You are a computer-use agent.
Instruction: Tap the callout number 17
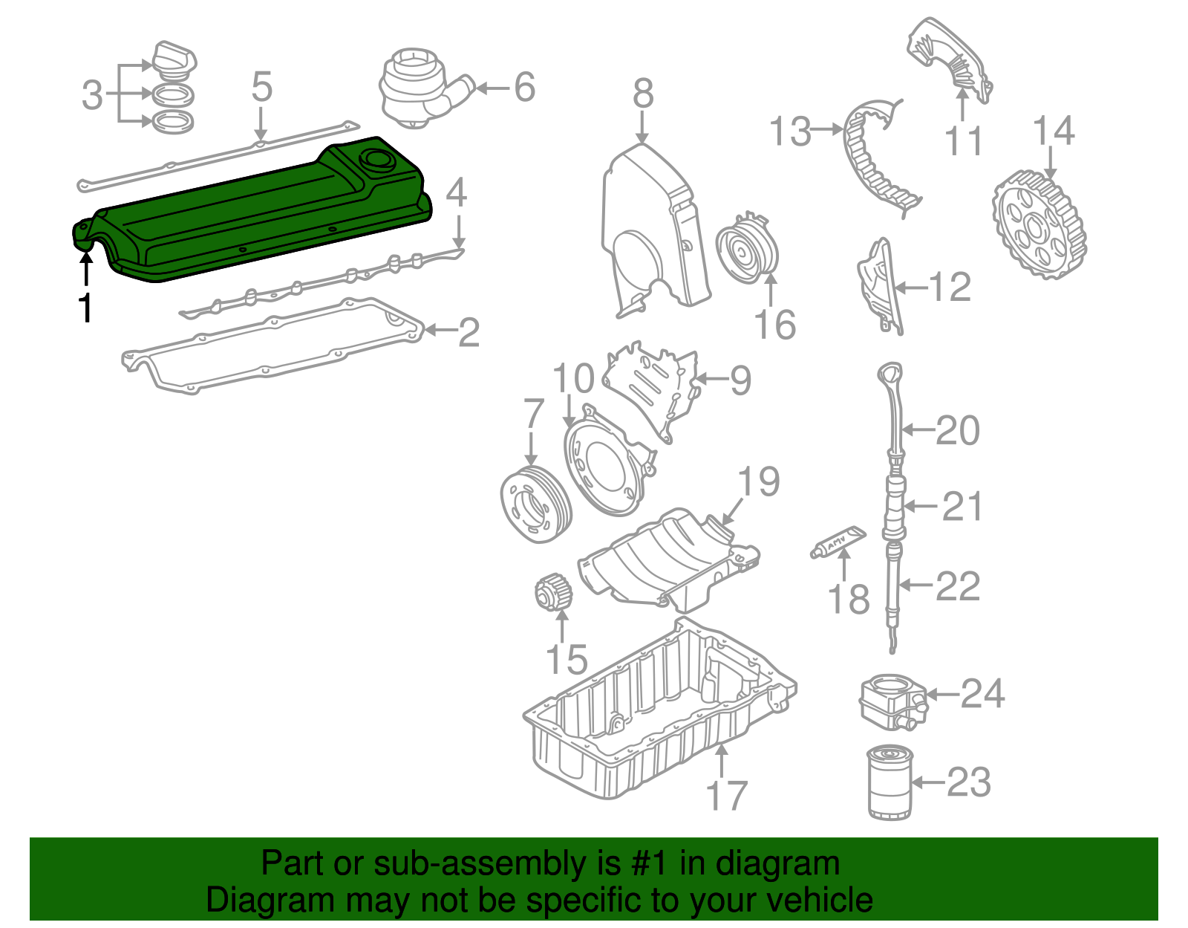click(x=726, y=796)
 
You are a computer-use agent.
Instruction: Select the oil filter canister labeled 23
click(x=889, y=783)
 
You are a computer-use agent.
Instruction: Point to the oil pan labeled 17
click(x=653, y=713)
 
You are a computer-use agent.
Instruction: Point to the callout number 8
click(x=643, y=94)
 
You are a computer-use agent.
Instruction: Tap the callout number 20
click(x=958, y=431)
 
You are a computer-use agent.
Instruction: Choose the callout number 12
click(x=950, y=288)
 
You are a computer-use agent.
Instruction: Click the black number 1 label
click(x=86, y=307)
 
